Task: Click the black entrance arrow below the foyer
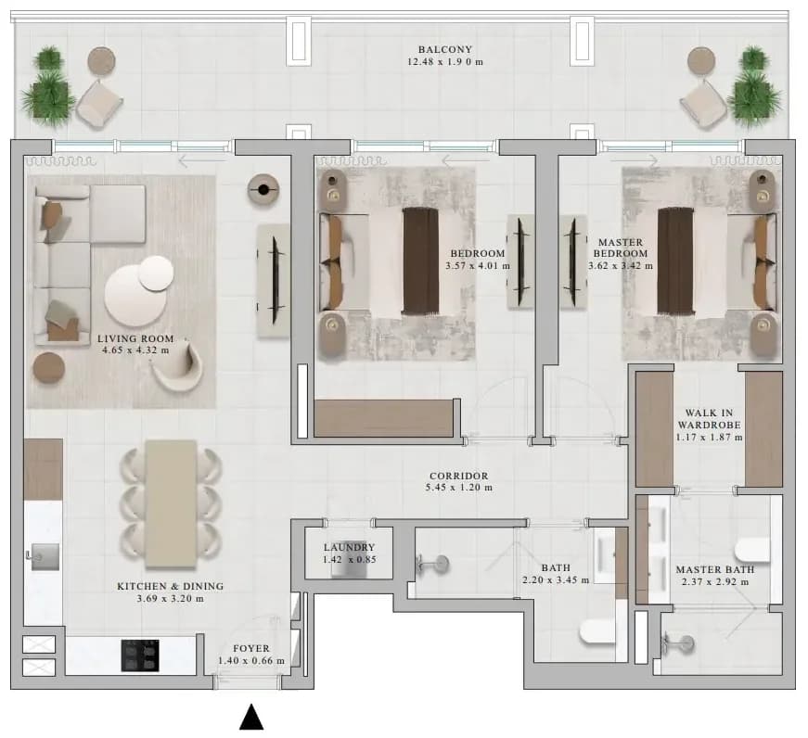(251, 718)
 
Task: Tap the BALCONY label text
(445, 49)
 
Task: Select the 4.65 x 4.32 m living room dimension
(135, 350)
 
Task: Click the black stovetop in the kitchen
(140, 655)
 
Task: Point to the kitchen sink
(45, 556)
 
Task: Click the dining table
(171, 504)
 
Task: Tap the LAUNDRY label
(350, 547)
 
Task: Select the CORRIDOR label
(458, 477)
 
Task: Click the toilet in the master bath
(753, 550)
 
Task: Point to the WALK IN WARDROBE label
(709, 419)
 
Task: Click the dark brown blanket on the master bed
(675, 261)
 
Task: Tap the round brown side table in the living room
(49, 368)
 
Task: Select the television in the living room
(275, 281)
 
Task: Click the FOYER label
(251, 649)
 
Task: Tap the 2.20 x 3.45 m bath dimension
(556, 580)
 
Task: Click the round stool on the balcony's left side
(101, 60)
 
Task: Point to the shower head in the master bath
(680, 643)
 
